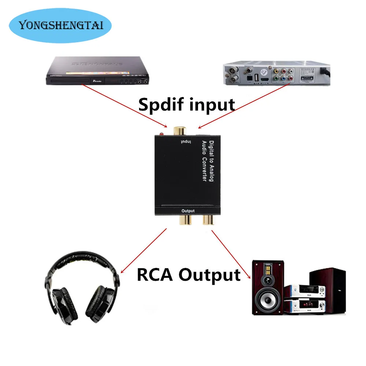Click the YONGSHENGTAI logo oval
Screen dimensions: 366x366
click(61, 25)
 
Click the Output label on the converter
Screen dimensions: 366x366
click(188, 211)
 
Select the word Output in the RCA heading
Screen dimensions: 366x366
click(209, 274)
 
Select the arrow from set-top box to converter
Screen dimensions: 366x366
click(238, 108)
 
